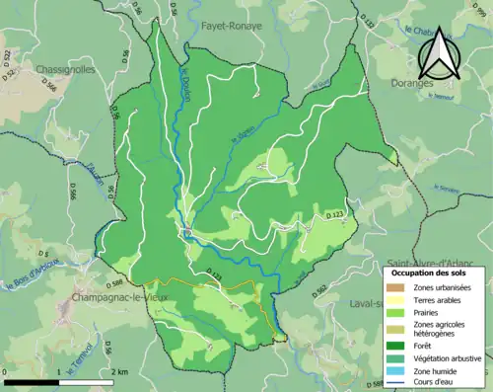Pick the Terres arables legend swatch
coord(396,297)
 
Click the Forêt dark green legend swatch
coord(396,345)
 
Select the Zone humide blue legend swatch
coord(396,369)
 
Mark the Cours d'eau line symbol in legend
coord(396,381)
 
